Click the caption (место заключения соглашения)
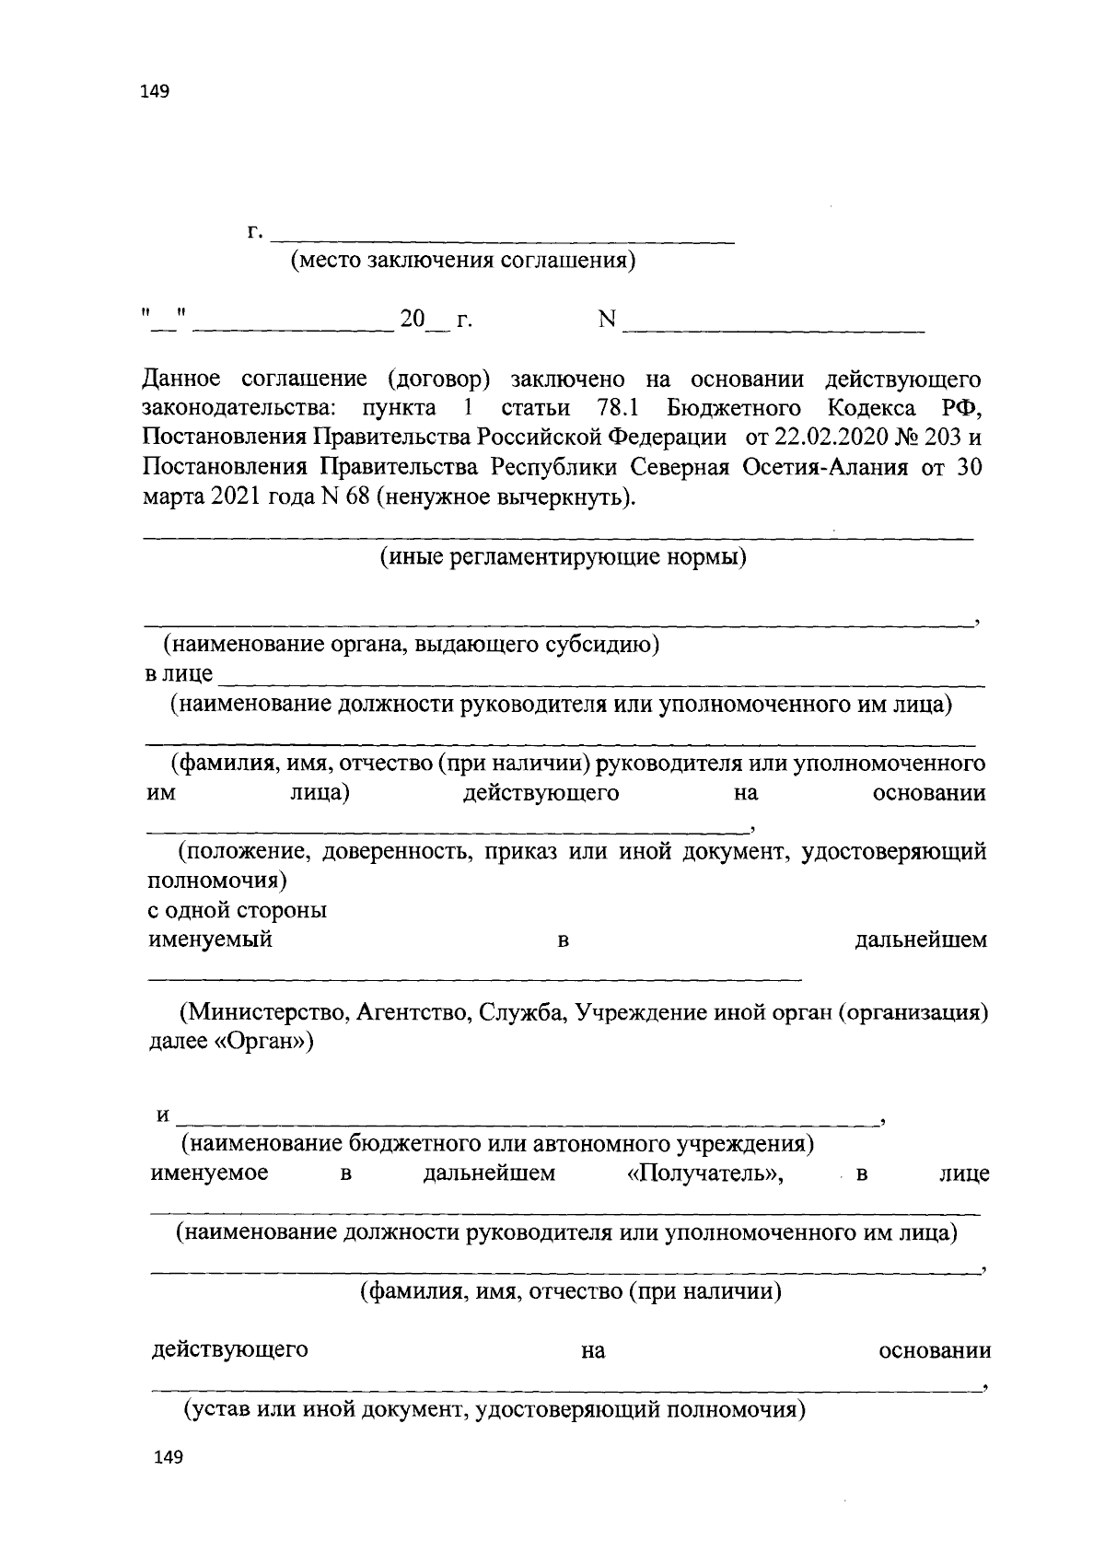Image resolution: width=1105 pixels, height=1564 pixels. (x=462, y=261)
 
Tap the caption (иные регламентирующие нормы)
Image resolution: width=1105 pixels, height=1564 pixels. (x=563, y=557)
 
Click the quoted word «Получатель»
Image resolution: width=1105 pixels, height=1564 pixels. (x=697, y=1173)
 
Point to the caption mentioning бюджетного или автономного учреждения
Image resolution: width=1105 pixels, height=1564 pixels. (x=497, y=1144)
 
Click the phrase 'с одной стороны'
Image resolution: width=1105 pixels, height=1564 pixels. (x=238, y=910)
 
